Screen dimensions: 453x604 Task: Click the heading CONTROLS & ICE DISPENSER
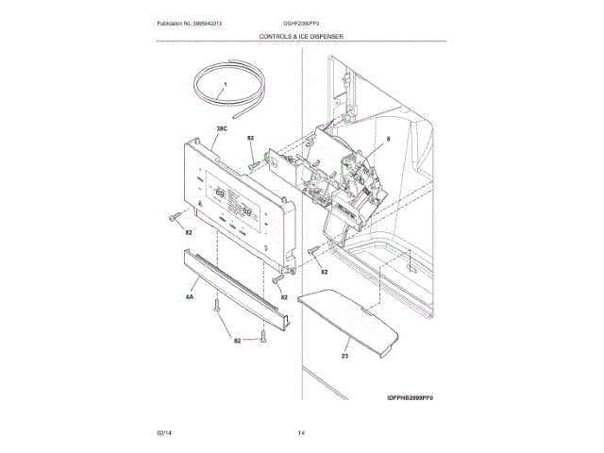pos(301,36)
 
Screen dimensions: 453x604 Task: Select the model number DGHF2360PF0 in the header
pos(302,22)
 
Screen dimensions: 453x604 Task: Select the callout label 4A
pos(189,297)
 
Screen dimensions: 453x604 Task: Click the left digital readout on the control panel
pos(220,196)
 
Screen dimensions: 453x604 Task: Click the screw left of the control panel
pos(174,218)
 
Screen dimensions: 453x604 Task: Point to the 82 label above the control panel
pos(251,139)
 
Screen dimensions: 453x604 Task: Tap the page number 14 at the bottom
pos(301,432)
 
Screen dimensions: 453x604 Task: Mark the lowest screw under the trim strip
pos(265,333)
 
